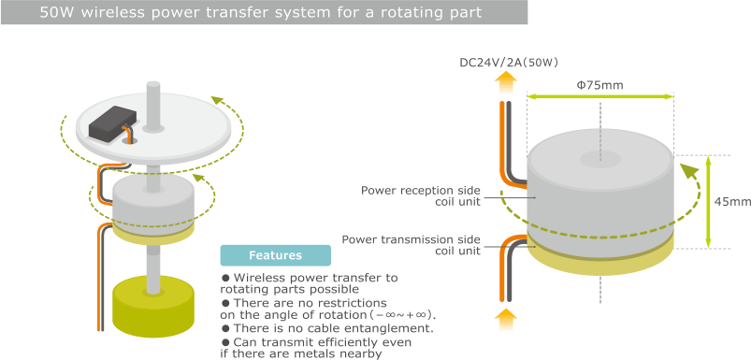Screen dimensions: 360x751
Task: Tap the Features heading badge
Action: click(275, 255)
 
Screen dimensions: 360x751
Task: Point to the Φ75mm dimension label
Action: click(599, 85)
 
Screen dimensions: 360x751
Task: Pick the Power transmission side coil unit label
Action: click(412, 245)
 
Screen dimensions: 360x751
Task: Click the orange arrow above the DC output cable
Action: click(504, 82)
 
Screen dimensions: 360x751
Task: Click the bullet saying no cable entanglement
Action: click(326, 328)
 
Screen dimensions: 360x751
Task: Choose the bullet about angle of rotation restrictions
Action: click(328, 309)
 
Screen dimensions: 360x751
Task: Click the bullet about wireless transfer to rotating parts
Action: click(309, 283)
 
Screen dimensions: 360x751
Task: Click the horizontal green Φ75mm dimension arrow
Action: click(599, 96)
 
